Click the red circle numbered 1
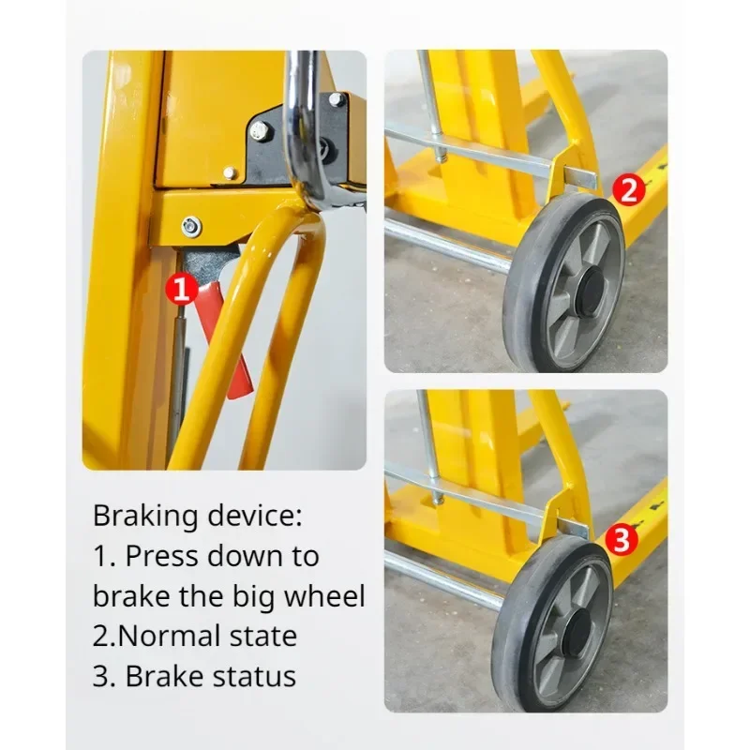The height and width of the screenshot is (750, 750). coord(181,289)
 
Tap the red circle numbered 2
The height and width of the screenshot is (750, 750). coord(629,190)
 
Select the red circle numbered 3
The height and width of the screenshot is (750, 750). coord(622,540)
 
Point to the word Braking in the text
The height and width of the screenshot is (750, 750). coord(145,517)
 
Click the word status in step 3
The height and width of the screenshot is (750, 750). coord(254,677)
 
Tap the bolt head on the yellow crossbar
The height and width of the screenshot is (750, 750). coord(191,225)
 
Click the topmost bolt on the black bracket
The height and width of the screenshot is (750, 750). coord(337,99)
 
